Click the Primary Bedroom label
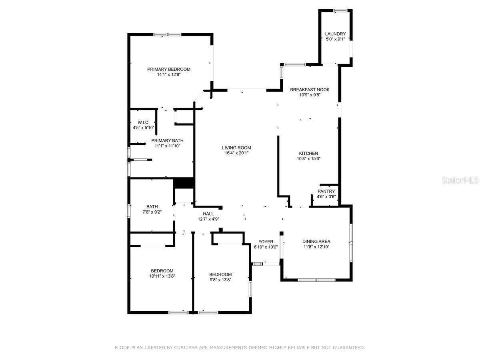click(168, 69)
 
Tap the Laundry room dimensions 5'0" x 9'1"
click(335, 39)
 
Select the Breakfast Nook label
click(310, 90)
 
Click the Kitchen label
click(308, 153)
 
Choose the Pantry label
click(326, 192)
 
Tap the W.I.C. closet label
click(143, 122)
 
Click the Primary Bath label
click(167, 140)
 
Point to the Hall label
click(208, 214)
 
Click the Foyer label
click(266, 242)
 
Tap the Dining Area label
click(316, 241)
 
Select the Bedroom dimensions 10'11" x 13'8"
click(162, 276)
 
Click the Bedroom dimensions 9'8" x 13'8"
click(220, 280)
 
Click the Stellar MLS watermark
click(460, 180)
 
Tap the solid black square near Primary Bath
click(184, 182)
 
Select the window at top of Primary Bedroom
click(168, 34)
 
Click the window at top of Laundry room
click(340, 10)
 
